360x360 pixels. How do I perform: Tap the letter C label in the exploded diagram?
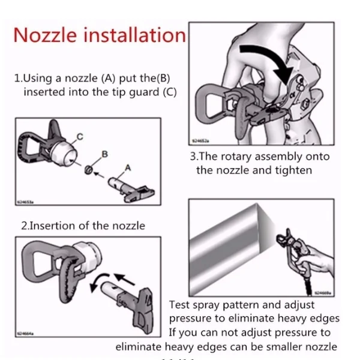[x=79, y=139]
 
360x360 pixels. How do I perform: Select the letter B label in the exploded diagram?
[x=104, y=154]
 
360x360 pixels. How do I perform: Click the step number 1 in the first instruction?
[x=17, y=78]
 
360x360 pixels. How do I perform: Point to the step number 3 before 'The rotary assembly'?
[x=193, y=156]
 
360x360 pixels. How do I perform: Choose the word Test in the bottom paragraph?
[x=180, y=305]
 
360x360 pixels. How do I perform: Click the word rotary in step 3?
[x=238, y=156]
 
